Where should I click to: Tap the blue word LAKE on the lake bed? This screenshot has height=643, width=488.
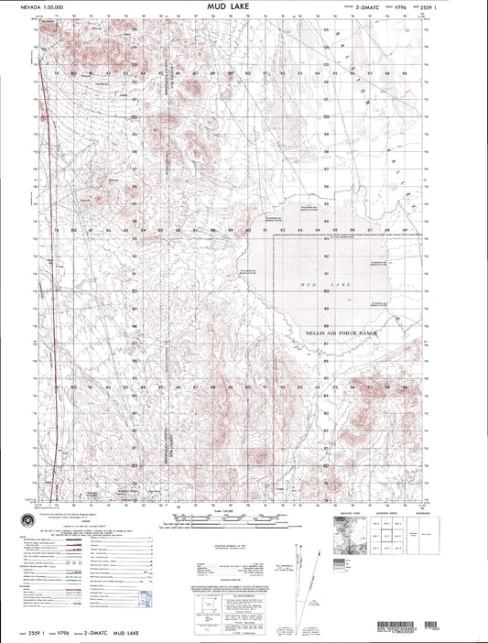click(340, 287)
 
